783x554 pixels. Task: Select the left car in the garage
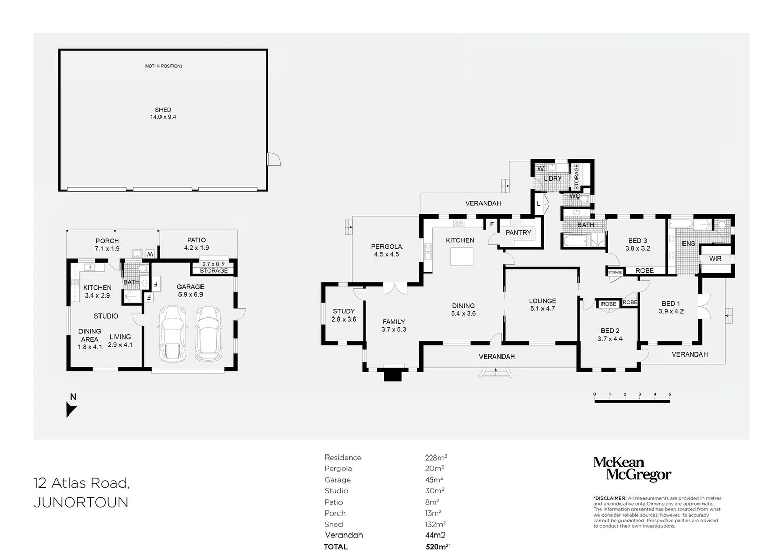pyautogui.click(x=172, y=333)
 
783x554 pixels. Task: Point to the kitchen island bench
pyautogui.click(x=461, y=256)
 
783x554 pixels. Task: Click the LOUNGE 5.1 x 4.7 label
pyautogui.click(x=543, y=305)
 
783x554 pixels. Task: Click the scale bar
pyautogui.click(x=632, y=400)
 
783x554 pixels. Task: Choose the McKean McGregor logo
pyautogui.click(x=632, y=469)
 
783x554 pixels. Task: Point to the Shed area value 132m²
pyautogui.click(x=435, y=524)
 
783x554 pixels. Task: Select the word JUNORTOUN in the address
pyautogui.click(x=81, y=503)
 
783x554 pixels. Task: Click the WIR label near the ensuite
pyautogui.click(x=715, y=259)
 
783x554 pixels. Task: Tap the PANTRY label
pyautogui.click(x=518, y=232)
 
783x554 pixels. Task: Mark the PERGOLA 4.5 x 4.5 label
pyautogui.click(x=387, y=250)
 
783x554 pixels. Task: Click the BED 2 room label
pyautogui.click(x=610, y=334)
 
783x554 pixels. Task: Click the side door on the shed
pyautogui.click(x=274, y=159)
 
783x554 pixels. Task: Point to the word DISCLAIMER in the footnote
pyautogui.click(x=610, y=498)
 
